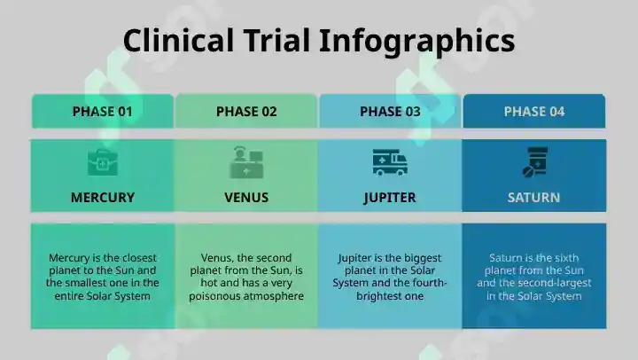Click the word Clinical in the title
pyautogui.click(x=179, y=40)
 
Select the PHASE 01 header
pyautogui.click(x=103, y=112)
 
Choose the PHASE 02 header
pyautogui.click(x=246, y=112)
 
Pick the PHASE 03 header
pyautogui.click(x=390, y=112)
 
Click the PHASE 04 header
pyautogui.click(x=534, y=112)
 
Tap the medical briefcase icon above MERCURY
pyautogui.click(x=103, y=162)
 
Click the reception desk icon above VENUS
pyautogui.click(x=246, y=162)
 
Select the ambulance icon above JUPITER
pyautogui.click(x=390, y=162)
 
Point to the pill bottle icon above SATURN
pyautogui.click(x=535, y=162)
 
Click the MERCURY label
pyautogui.click(x=103, y=198)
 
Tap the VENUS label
pyautogui.click(x=246, y=198)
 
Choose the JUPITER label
pyautogui.click(x=390, y=198)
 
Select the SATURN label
pyautogui.click(x=533, y=198)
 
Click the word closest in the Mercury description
pyautogui.click(x=139, y=258)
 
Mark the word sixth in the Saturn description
pyautogui.click(x=564, y=258)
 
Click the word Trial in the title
pyautogui.click(x=276, y=40)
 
